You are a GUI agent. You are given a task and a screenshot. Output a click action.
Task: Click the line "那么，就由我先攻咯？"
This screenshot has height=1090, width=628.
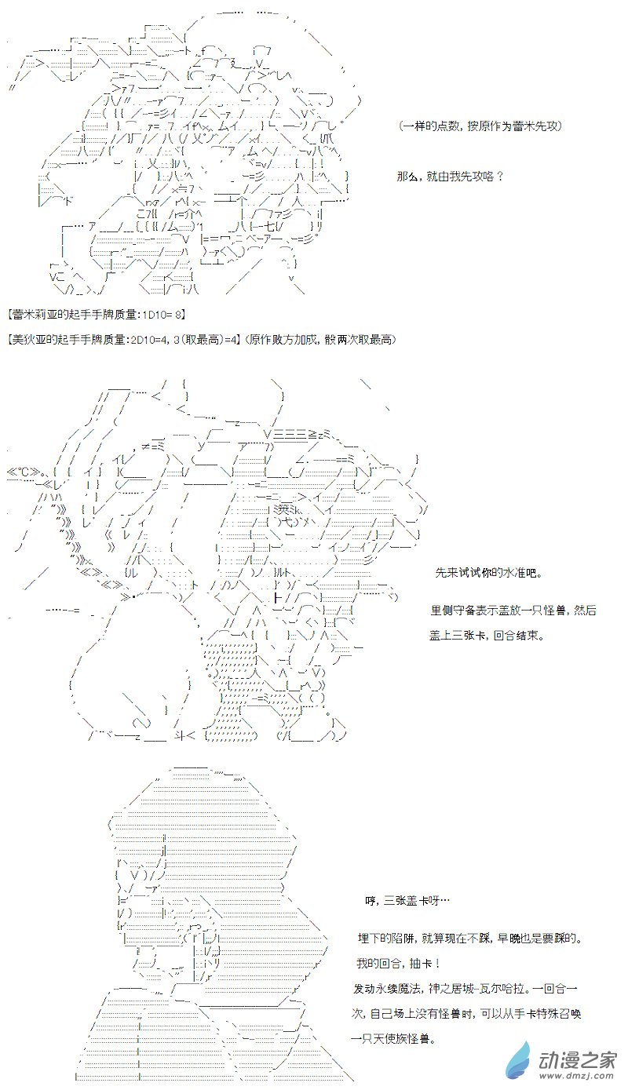click(x=450, y=176)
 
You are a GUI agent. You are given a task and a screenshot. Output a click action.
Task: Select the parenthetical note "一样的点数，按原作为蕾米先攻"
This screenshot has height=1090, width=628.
click(x=480, y=126)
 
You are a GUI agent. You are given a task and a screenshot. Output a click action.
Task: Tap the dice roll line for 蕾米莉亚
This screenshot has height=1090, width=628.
click(x=97, y=315)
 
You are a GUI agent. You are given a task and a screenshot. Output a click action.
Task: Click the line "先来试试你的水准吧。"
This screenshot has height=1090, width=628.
click(x=488, y=573)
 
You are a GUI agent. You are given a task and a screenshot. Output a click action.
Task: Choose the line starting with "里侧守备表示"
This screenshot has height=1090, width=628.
click(x=513, y=611)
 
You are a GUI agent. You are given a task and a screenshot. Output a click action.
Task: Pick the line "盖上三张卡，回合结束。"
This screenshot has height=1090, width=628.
click(x=487, y=636)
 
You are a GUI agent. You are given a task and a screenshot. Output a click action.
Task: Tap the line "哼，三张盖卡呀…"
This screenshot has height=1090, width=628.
click(x=407, y=901)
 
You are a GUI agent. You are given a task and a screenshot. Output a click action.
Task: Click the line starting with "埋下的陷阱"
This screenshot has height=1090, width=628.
click(x=470, y=939)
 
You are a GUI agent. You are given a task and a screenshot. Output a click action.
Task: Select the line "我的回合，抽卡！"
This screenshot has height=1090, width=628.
click(x=400, y=963)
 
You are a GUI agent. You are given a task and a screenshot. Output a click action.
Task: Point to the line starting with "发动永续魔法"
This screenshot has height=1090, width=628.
click(x=466, y=988)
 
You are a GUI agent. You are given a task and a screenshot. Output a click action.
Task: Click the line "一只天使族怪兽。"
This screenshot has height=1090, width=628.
click(x=393, y=1039)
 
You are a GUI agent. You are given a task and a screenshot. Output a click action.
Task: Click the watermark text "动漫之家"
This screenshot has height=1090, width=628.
click(x=578, y=1059)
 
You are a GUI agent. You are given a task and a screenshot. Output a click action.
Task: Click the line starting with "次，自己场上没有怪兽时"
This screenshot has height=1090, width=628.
click(x=466, y=1014)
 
